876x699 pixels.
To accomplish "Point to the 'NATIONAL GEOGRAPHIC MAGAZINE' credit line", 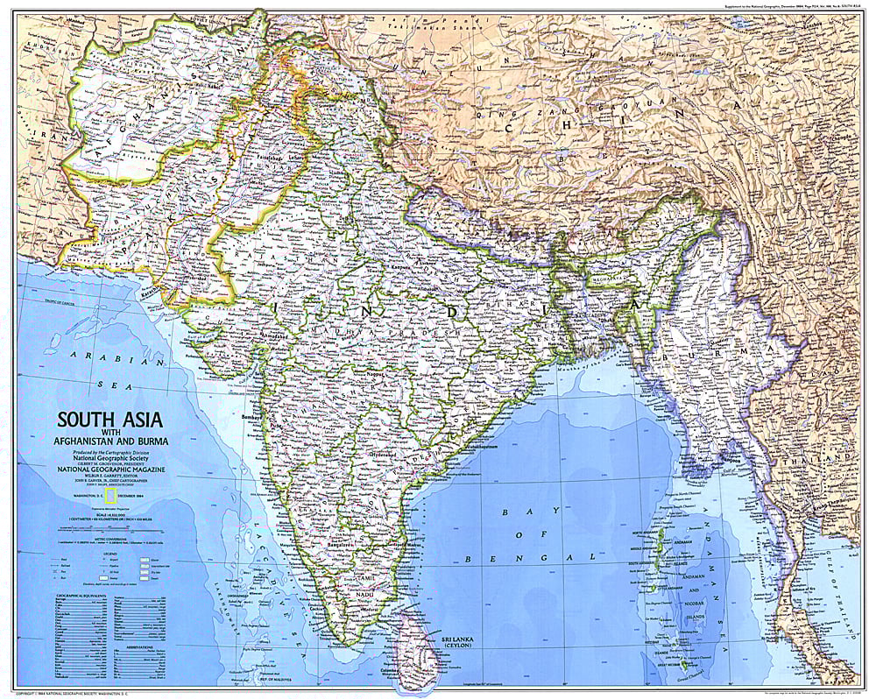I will (x=111, y=470).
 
